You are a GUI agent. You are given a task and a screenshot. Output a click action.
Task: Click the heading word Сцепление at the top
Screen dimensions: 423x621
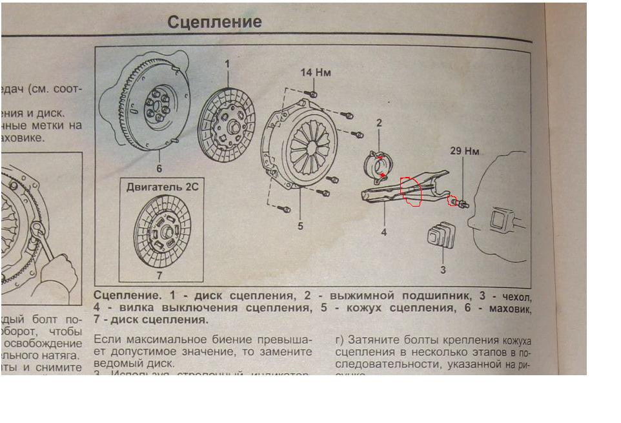(214, 22)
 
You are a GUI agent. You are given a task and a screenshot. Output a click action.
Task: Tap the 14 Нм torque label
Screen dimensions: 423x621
(315, 72)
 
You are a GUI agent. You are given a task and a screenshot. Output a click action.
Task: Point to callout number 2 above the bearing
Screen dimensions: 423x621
(379, 123)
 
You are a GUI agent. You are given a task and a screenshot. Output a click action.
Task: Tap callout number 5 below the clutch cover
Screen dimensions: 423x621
(300, 227)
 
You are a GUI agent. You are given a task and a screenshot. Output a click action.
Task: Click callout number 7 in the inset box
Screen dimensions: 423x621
(161, 276)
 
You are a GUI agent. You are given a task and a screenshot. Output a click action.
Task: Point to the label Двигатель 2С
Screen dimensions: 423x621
(161, 188)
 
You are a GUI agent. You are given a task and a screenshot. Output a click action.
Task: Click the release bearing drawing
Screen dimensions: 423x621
(377, 164)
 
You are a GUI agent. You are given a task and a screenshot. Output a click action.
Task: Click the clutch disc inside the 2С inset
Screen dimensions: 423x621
(161, 230)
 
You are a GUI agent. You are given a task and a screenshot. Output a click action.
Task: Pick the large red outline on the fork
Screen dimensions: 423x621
(411, 191)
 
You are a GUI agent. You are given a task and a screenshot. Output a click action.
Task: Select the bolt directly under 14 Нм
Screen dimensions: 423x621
(313, 95)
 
